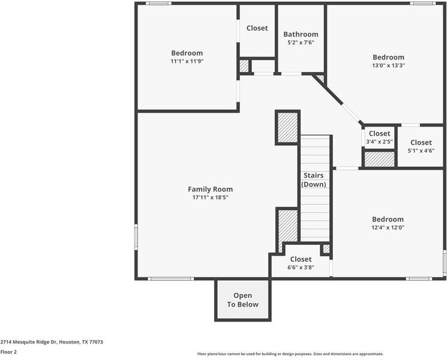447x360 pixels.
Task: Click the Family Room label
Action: pyautogui.click(x=210, y=189)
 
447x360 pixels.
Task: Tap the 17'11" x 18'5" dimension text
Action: pyautogui.click(x=210, y=197)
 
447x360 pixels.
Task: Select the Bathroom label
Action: pyautogui.click(x=301, y=34)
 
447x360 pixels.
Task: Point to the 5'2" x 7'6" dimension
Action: pyautogui.click(x=301, y=43)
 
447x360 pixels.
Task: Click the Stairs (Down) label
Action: pyautogui.click(x=314, y=180)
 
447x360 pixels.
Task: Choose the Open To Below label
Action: pyautogui.click(x=242, y=300)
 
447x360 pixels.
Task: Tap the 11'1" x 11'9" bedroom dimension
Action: pyautogui.click(x=187, y=61)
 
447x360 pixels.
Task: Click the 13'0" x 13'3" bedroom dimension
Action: pyautogui.click(x=388, y=65)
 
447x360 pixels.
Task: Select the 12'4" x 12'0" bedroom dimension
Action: pyautogui.click(x=388, y=227)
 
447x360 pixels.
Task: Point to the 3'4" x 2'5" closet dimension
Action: pyautogui.click(x=379, y=142)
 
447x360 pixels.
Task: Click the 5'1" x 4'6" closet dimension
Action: pyautogui.click(x=421, y=151)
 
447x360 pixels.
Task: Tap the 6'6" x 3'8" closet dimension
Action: pyautogui.click(x=301, y=268)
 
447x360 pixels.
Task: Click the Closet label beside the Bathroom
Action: pyautogui.click(x=257, y=28)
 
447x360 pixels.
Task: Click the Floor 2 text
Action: pyautogui.click(x=8, y=352)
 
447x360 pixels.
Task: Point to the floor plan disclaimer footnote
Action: pyautogui.click(x=290, y=354)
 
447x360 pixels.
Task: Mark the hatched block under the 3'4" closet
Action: pyautogui.click(x=380, y=159)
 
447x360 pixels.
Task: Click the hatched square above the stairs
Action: pyautogui.click(x=287, y=127)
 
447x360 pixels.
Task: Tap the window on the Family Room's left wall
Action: pyautogui.click(x=136, y=237)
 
